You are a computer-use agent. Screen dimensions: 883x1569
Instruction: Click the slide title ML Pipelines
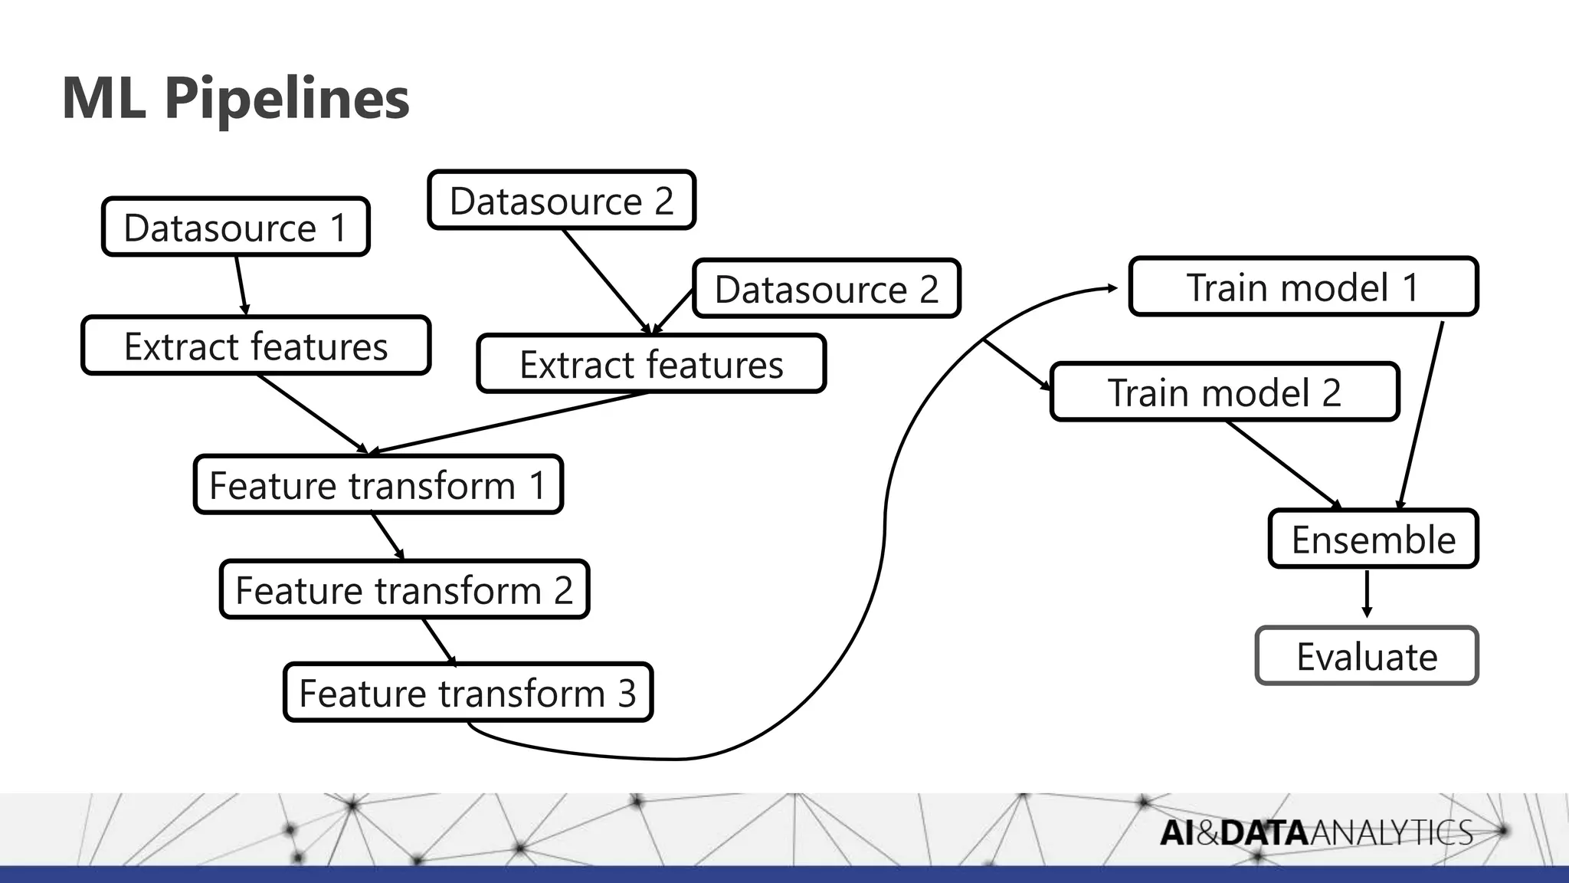(235, 98)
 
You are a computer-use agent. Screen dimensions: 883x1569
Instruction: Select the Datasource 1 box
(235, 227)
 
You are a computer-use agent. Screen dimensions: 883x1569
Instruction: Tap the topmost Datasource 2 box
(562, 200)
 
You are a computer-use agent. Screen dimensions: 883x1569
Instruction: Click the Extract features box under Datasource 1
(256, 346)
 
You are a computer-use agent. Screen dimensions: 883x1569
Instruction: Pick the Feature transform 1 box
(378, 484)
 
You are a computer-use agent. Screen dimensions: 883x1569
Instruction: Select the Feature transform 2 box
(404, 589)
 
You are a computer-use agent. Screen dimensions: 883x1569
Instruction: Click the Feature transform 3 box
(467, 693)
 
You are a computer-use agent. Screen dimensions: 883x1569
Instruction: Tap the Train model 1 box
(1302, 287)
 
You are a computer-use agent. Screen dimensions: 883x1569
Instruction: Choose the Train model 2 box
(1224, 392)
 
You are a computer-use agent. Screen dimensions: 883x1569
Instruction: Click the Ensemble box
(1373, 539)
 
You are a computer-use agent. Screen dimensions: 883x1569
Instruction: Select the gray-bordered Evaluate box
(1367, 656)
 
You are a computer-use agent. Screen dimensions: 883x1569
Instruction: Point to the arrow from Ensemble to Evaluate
(1367, 594)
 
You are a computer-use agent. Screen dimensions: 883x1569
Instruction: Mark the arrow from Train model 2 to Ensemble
(1283, 464)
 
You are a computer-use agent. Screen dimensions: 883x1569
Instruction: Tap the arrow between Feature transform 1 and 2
(388, 536)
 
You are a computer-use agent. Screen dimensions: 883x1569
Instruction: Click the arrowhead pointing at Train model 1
(1112, 288)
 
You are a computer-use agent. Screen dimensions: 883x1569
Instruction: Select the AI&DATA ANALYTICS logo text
(1315, 832)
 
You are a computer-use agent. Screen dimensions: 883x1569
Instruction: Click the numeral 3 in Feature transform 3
(627, 693)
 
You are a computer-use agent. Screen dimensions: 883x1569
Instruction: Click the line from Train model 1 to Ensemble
(1421, 414)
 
